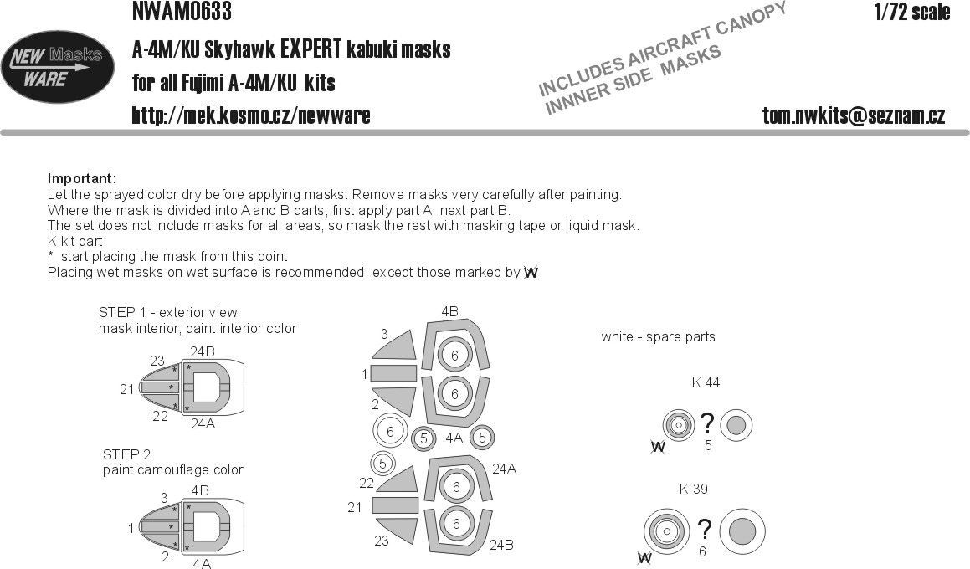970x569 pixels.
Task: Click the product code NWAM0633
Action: tap(182, 12)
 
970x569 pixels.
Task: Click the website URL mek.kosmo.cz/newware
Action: tap(251, 115)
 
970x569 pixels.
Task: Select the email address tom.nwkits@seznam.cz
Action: tap(854, 116)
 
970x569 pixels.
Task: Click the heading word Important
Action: tap(81, 179)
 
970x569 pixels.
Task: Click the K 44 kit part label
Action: tap(706, 383)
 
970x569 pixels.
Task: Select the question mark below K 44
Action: tap(707, 423)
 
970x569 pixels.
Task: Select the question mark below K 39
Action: tap(705, 529)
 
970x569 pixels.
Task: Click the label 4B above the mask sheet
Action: tap(449, 312)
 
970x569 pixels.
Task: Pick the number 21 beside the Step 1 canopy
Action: tap(127, 389)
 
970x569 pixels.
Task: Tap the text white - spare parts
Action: tap(658, 337)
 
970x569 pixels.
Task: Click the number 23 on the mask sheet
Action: tap(381, 541)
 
